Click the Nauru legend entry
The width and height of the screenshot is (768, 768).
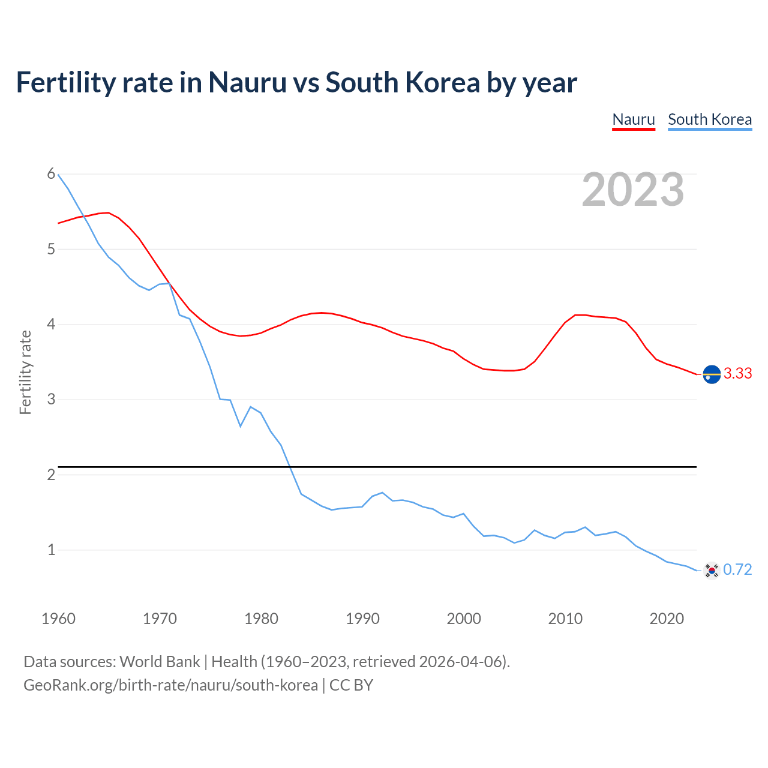[x=634, y=119]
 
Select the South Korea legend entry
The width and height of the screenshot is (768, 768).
[x=710, y=119]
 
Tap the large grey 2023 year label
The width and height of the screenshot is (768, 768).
[x=633, y=190]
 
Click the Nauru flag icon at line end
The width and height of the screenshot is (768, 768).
[x=712, y=374]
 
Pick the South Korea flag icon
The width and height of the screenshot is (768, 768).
[x=712, y=570]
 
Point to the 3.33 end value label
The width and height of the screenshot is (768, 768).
[x=737, y=373]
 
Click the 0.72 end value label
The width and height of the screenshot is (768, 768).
[x=737, y=569]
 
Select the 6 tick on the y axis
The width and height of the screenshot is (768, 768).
[x=51, y=174]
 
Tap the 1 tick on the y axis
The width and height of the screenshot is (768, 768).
[x=51, y=550]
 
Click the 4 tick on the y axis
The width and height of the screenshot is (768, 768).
[x=51, y=324]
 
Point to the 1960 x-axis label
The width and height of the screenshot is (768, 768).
[x=58, y=619]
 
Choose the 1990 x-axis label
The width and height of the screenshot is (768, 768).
[x=362, y=619]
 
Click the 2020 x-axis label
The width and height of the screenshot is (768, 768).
[x=667, y=619]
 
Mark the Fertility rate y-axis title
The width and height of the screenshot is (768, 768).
[x=25, y=372]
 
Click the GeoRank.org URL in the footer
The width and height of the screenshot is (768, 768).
[x=170, y=685]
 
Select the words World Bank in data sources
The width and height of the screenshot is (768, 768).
[x=160, y=661]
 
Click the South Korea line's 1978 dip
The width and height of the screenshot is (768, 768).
[x=241, y=426]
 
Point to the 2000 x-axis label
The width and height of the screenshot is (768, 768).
[x=464, y=619]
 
